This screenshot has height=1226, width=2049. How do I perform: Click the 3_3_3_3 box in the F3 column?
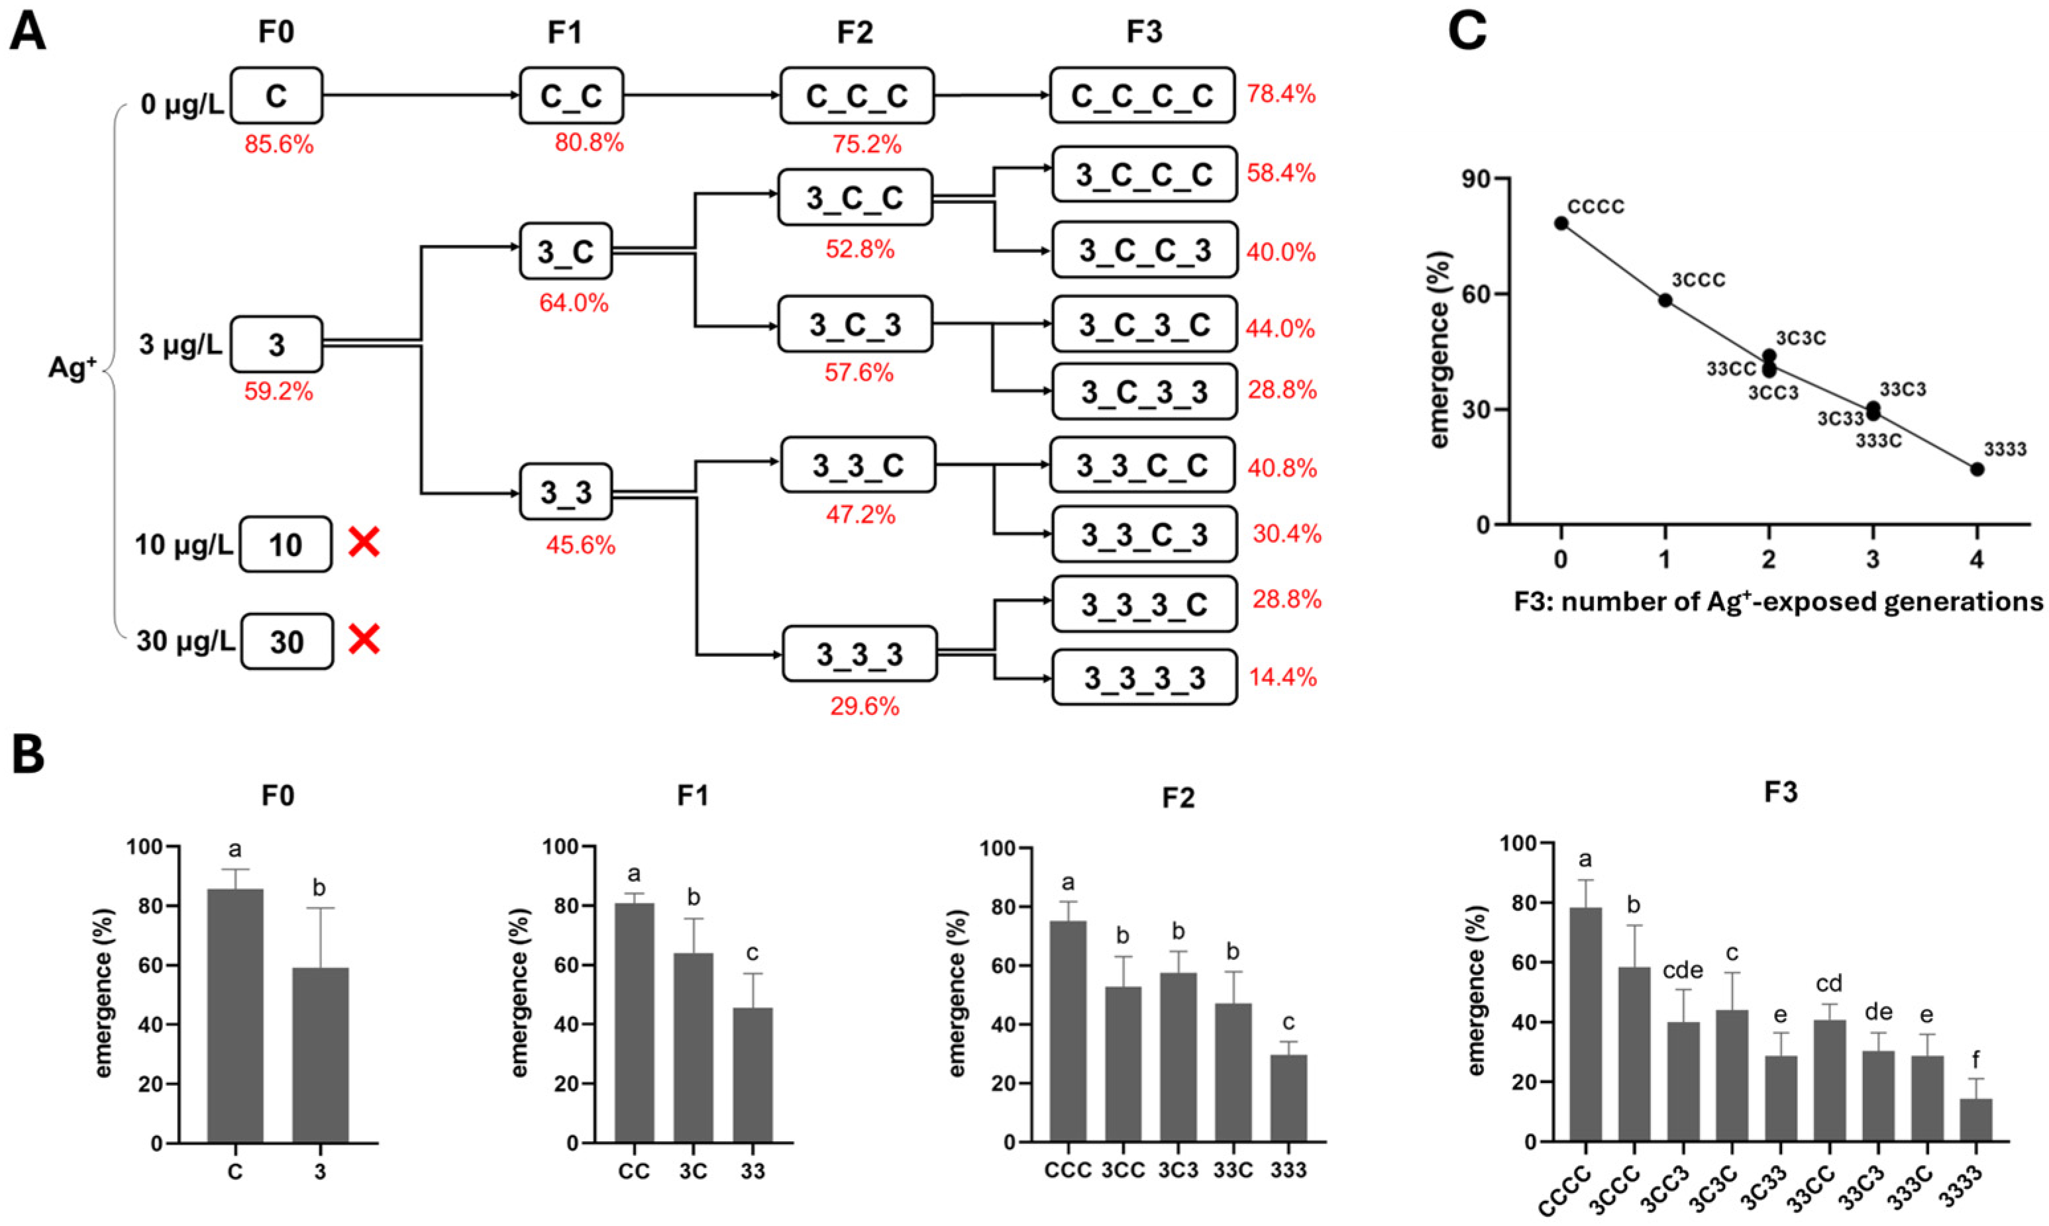pos(1144,677)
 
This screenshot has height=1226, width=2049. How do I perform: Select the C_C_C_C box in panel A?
pos(1142,96)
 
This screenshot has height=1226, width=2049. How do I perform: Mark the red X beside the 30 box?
pos(364,639)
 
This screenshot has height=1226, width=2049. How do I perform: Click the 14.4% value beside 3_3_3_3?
pos(1283,677)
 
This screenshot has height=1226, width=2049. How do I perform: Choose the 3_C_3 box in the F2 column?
pos(855,324)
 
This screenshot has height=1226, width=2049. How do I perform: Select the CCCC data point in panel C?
pos(1561,223)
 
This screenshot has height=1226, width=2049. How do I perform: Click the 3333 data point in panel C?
pos(1977,469)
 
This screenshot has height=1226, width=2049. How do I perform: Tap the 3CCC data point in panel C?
pos(1665,300)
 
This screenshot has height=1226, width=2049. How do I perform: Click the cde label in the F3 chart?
pos(1683,970)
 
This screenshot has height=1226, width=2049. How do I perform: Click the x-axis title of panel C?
pos(1777,600)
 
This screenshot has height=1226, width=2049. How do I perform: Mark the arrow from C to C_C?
pos(421,96)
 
